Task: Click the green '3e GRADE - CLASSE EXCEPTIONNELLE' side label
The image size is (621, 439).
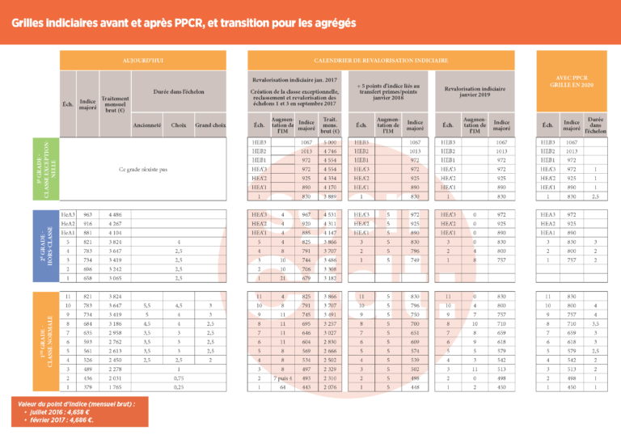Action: (x=50, y=170)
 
